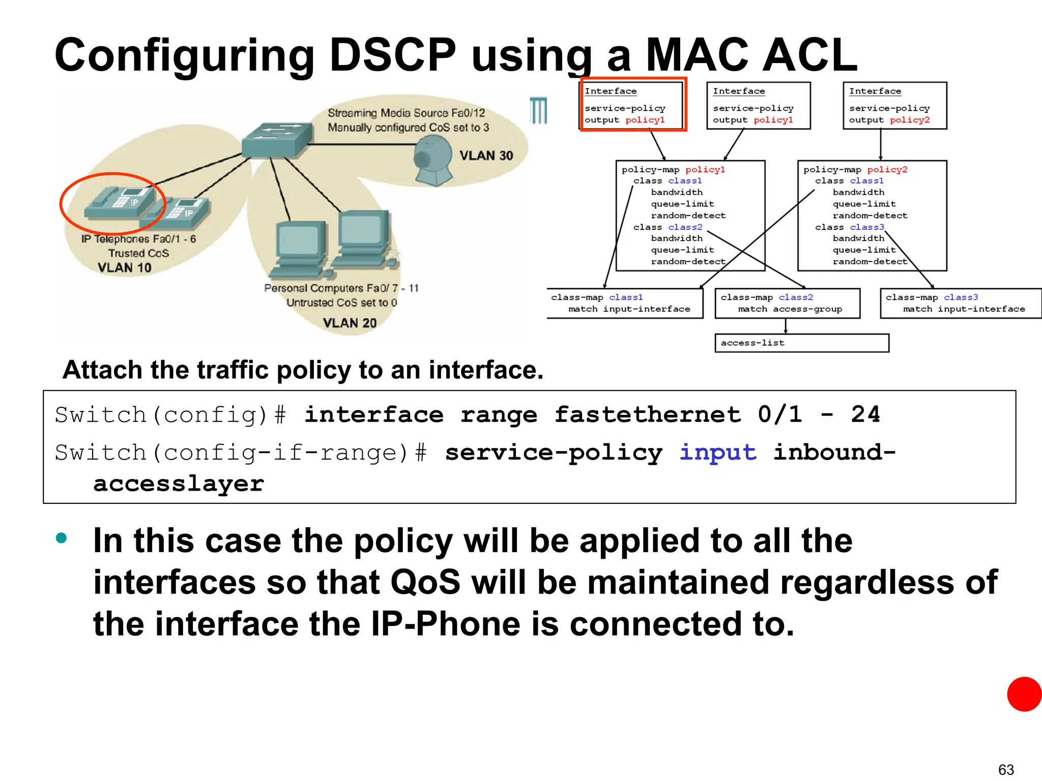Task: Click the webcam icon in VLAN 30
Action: coord(433,161)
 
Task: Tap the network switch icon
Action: coord(277,139)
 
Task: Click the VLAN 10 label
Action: coord(125,267)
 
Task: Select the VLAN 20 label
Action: coord(350,323)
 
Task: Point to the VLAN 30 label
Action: coord(486,156)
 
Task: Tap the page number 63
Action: coord(1006,769)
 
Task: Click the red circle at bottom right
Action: coord(1024,694)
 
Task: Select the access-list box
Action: coord(801,343)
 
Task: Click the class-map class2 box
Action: coord(787,304)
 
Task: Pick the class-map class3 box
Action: coord(961,304)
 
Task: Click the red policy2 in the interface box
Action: coord(910,120)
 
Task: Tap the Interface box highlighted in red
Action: coord(633,105)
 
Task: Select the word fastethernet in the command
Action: coord(647,414)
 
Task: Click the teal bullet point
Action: coord(62,538)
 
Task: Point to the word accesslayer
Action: coord(179,484)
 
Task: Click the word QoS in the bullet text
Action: coord(425,582)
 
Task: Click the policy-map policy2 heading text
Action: coord(855,170)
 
